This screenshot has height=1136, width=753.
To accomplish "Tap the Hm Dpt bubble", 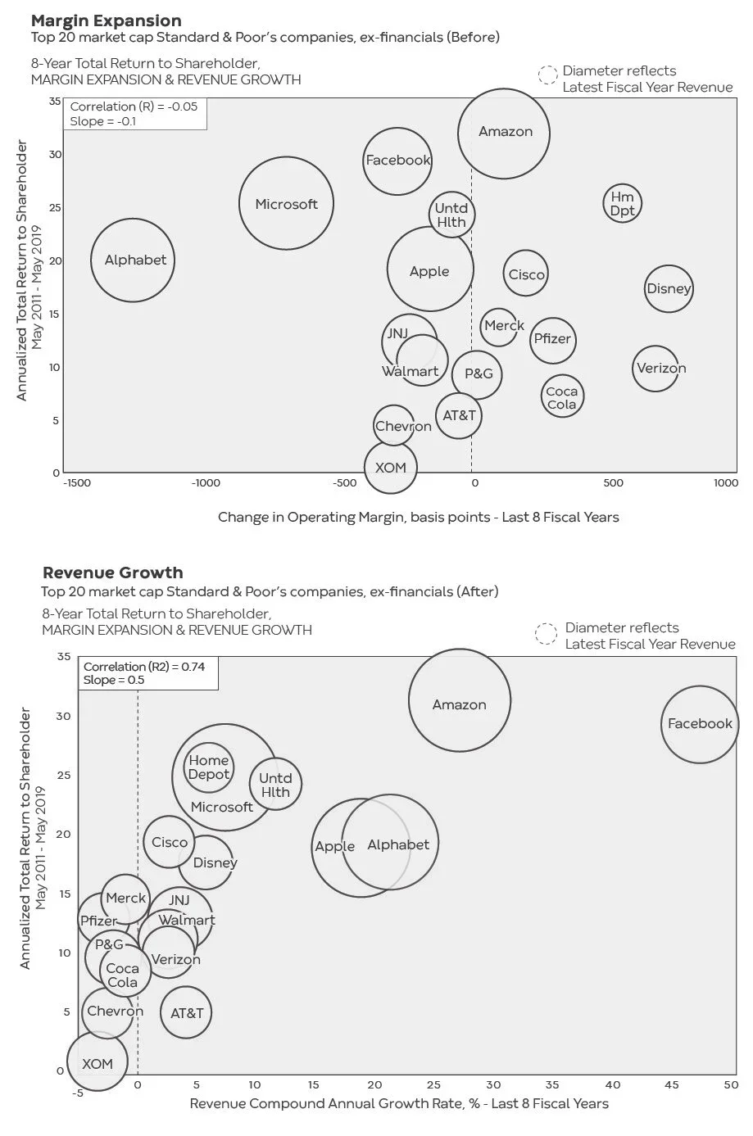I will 622,203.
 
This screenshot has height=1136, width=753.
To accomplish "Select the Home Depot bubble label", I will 208,767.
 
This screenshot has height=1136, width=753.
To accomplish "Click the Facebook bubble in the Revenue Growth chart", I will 699,724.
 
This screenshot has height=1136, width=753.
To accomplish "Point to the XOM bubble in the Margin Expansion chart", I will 391,468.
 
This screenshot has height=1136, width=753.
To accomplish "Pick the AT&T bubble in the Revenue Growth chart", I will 187,1013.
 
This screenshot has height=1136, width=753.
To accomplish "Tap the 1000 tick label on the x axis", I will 725,483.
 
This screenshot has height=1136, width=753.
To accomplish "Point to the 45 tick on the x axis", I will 671,1084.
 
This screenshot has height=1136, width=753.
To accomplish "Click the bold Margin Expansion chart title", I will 106,20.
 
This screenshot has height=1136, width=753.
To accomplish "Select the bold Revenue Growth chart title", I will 112,573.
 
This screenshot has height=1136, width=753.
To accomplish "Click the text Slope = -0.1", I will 103,121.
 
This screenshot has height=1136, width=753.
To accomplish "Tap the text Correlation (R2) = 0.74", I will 144,667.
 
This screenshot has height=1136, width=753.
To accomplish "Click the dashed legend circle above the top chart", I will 547,76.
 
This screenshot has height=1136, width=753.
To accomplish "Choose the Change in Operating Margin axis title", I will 418,517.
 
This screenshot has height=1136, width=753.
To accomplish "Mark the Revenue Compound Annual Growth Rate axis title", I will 399,1103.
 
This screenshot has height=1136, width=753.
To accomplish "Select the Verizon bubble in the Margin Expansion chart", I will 660,369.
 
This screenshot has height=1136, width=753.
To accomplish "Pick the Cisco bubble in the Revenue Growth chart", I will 169,842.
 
